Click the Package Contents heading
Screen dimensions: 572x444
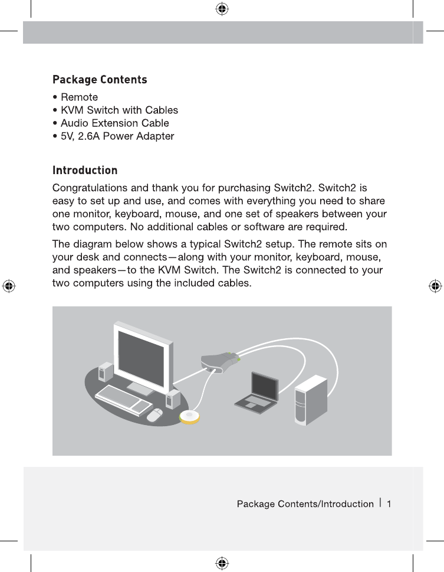pyautogui.click(x=100, y=80)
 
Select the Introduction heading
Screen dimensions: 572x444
pyautogui.click(x=85, y=171)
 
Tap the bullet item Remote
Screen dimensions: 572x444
pyautogui.click(x=79, y=97)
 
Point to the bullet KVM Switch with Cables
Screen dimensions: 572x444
pyautogui.click(x=119, y=110)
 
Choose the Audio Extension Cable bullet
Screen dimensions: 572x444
pyautogui.click(x=114, y=123)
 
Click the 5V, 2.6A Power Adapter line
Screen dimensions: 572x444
pyautogui.click(x=117, y=136)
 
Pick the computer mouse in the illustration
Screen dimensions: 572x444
pyautogui.click(x=154, y=415)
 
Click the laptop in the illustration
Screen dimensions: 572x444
pyautogui.click(x=256, y=392)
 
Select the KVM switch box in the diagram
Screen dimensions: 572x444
pyautogui.click(x=219, y=361)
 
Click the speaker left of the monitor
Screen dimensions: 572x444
pyautogui.click(x=106, y=371)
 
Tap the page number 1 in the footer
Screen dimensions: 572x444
pyautogui.click(x=389, y=504)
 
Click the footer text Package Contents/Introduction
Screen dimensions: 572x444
pyautogui.click(x=305, y=504)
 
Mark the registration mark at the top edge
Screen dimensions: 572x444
pyautogui.click(x=222, y=9)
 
